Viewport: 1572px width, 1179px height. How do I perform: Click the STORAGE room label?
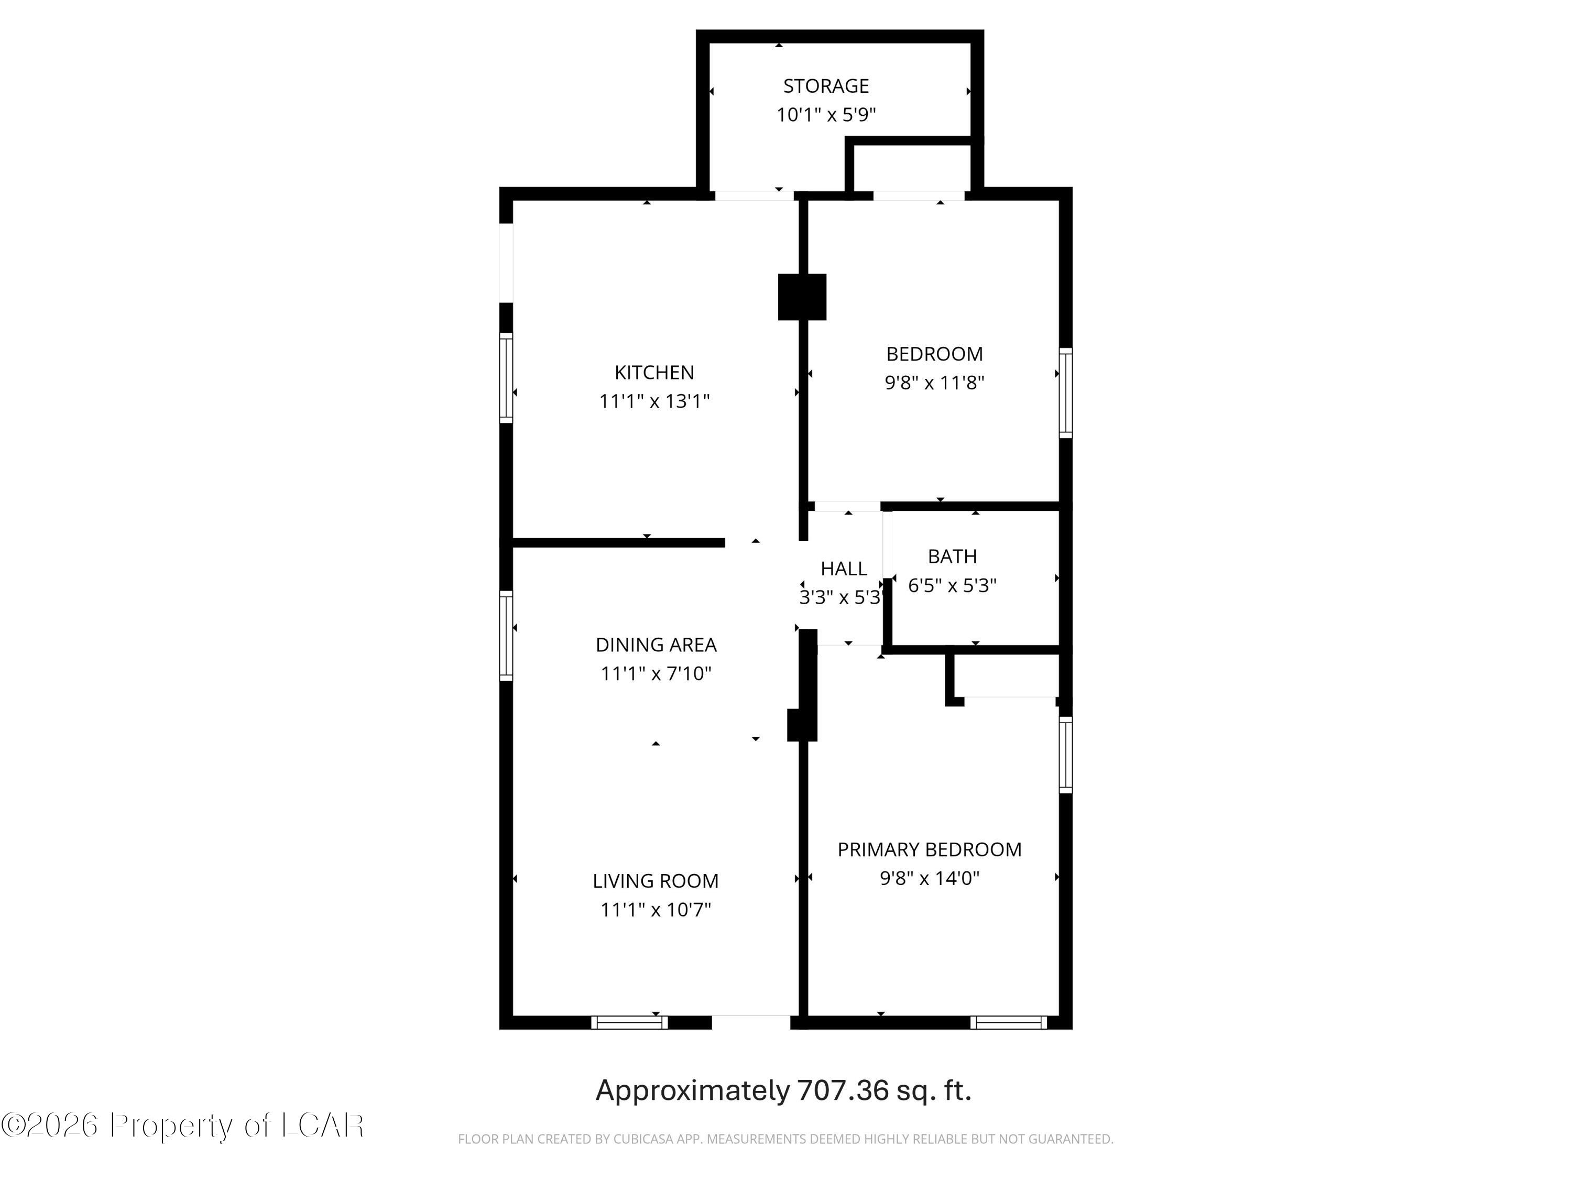click(x=826, y=86)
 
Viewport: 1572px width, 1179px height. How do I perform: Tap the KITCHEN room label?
click(x=654, y=373)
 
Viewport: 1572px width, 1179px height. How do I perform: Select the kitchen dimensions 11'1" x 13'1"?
click(x=654, y=401)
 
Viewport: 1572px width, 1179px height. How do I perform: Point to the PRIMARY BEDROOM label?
click(x=930, y=849)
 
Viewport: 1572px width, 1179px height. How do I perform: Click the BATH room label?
click(x=952, y=556)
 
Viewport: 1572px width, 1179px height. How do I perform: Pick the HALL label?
click(x=844, y=569)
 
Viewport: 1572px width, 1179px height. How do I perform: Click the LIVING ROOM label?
click(x=655, y=881)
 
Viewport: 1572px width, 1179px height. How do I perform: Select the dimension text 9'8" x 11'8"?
click(x=934, y=383)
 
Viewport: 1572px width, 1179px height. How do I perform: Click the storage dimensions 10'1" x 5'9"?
click(x=826, y=114)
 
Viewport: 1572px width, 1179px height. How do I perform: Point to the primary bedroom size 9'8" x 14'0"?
click(x=930, y=878)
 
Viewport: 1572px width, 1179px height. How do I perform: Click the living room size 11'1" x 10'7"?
click(x=655, y=910)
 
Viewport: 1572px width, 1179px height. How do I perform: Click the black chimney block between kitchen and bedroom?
click(x=802, y=297)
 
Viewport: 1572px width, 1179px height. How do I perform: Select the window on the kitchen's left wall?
click(x=506, y=378)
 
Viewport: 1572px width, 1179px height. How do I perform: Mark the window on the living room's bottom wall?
click(x=630, y=1023)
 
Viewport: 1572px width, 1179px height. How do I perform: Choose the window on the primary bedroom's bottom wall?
click(x=1009, y=1023)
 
